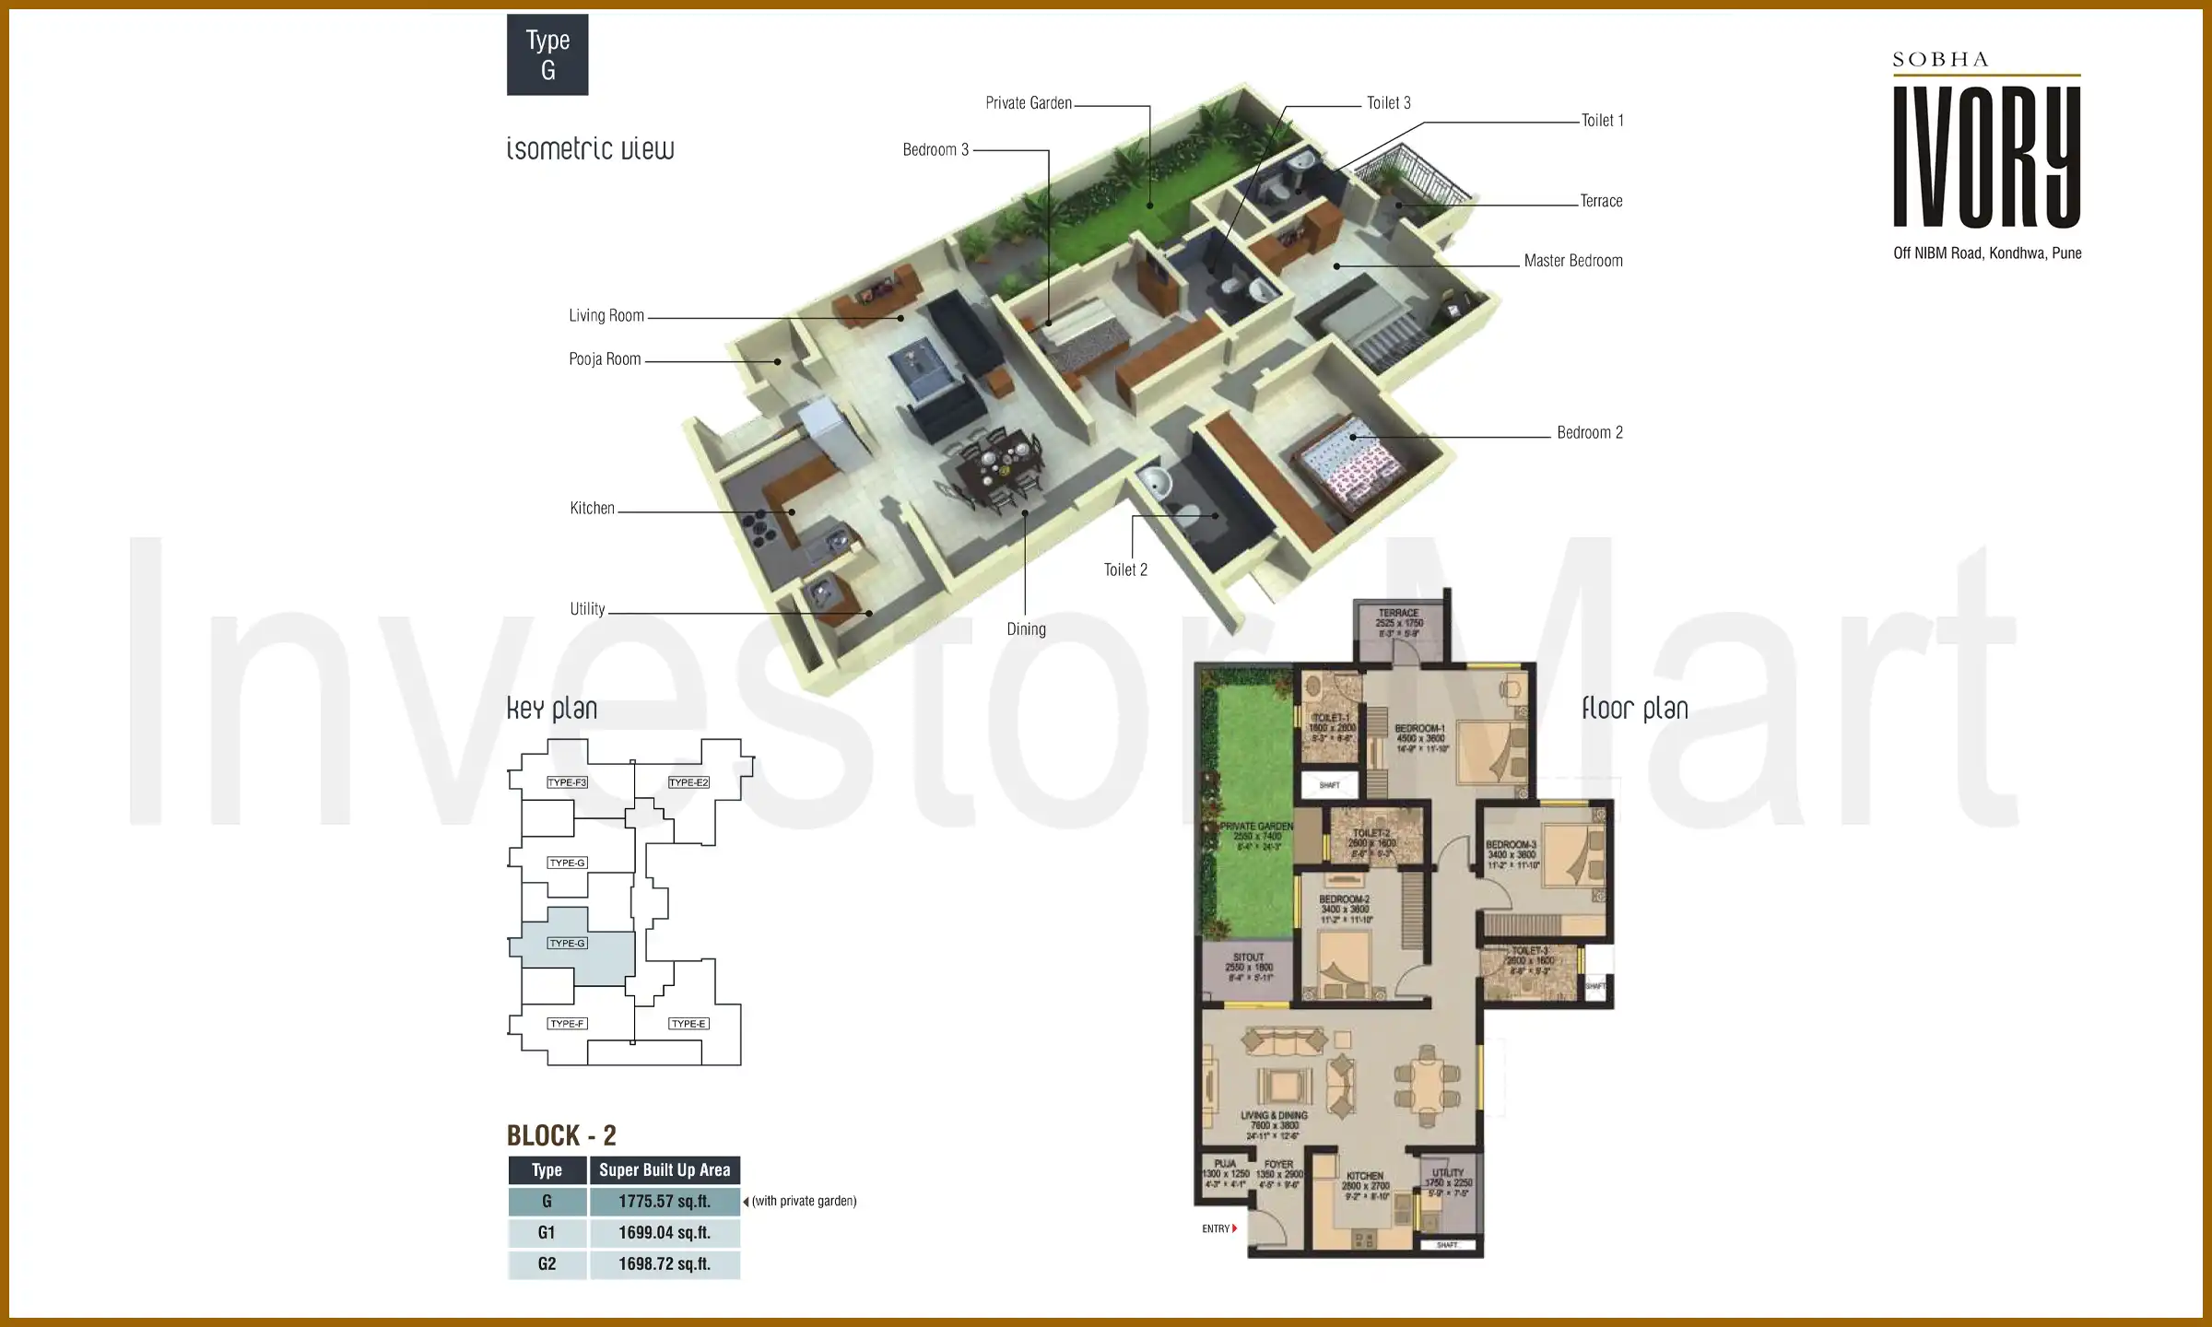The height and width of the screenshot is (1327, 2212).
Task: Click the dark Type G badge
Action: coord(547,54)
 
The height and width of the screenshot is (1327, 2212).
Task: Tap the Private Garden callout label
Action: coord(1029,103)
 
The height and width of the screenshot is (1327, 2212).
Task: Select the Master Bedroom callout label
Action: coord(1572,261)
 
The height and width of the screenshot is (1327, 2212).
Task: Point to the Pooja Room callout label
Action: coord(605,359)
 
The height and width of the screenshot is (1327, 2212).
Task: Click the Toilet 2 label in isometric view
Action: coord(1125,570)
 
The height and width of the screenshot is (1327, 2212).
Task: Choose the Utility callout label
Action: coord(587,609)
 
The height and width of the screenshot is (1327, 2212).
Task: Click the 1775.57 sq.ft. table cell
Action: coord(665,1202)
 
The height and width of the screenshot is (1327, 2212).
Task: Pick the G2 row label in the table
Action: coord(547,1264)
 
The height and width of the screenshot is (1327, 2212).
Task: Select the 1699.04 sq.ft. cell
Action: coord(665,1233)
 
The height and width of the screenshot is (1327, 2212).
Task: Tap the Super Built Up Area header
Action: coord(665,1170)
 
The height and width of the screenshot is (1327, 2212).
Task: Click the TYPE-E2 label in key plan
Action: coord(688,782)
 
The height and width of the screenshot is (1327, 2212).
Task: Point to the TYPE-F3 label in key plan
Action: coord(567,782)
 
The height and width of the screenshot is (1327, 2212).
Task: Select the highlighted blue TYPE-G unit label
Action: coord(567,944)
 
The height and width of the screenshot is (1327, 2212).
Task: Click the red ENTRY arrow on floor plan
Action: coord(1234,1228)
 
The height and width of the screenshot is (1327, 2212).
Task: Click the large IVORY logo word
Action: coord(1986,157)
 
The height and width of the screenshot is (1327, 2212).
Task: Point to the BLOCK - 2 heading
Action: coord(561,1135)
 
